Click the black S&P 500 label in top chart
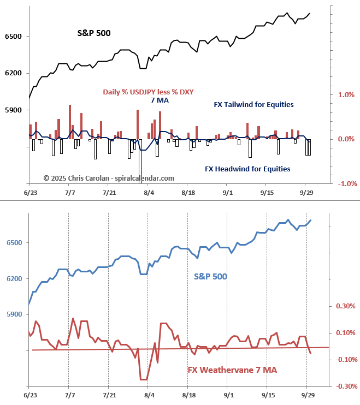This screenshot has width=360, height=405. [94, 33]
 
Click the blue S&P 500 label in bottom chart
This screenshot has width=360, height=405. [210, 277]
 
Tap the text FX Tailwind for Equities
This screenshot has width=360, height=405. [253, 104]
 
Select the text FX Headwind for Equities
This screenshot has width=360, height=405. [247, 169]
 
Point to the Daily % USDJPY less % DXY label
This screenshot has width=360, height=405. [148, 92]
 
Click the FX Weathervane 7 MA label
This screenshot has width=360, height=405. [232, 370]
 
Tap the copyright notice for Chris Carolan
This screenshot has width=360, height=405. [109, 178]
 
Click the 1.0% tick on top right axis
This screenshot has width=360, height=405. [346, 95]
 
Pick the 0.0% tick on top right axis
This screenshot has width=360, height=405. [346, 139]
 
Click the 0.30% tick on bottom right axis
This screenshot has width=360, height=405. [344, 306]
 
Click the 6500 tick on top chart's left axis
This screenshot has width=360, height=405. [13, 37]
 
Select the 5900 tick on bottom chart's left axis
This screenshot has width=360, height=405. [13, 315]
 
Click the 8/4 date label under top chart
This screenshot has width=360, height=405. [149, 193]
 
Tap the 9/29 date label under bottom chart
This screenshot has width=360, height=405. [308, 394]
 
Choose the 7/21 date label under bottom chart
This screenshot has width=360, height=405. [109, 394]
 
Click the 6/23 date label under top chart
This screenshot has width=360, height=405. [31, 193]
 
